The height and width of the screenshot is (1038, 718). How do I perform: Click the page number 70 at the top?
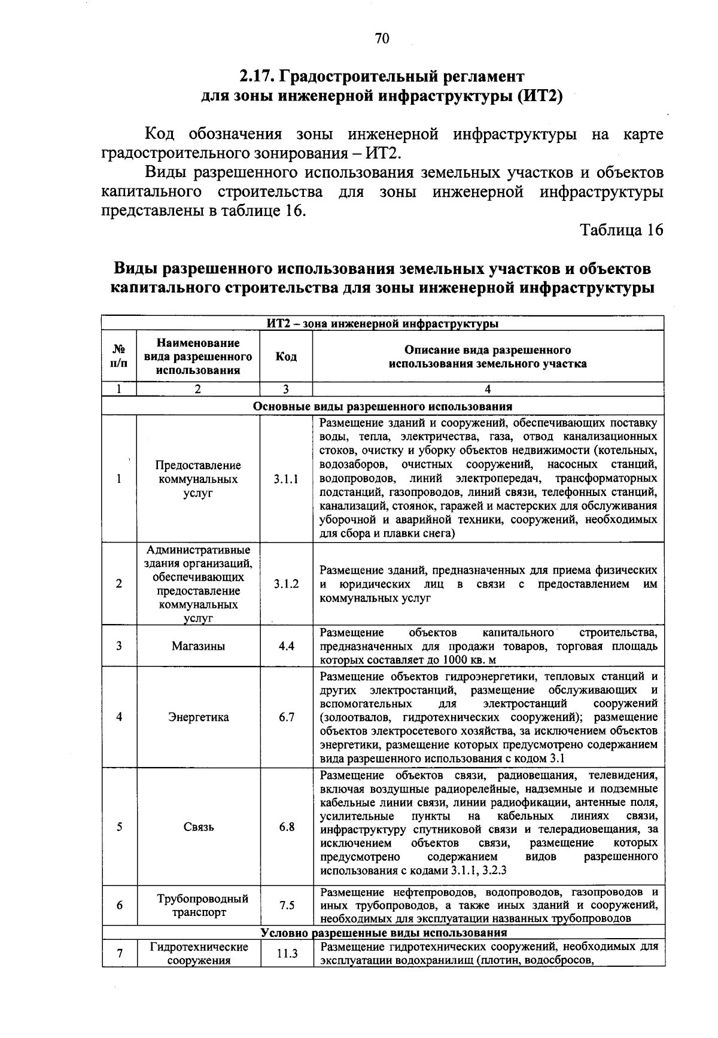(x=382, y=39)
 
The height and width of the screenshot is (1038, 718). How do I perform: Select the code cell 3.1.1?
(x=286, y=479)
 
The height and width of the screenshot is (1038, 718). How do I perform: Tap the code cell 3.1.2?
(x=286, y=584)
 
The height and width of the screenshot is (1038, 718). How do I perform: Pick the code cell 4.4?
(x=286, y=646)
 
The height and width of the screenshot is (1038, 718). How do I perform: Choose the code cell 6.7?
(x=286, y=717)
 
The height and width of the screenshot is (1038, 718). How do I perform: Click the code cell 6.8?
(x=286, y=827)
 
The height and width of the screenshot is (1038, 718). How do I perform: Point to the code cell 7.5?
(x=286, y=905)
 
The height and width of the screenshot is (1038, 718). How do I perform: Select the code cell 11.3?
(x=286, y=954)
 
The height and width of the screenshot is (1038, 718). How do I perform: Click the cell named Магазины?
(x=198, y=646)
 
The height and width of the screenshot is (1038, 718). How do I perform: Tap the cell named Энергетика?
(x=198, y=717)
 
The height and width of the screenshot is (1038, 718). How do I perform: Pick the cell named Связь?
(x=198, y=827)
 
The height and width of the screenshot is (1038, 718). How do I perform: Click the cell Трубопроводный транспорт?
(x=198, y=905)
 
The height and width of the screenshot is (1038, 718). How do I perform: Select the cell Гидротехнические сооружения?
(x=198, y=954)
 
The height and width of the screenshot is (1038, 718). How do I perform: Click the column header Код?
(x=286, y=357)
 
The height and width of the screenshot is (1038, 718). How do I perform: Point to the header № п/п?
(x=119, y=357)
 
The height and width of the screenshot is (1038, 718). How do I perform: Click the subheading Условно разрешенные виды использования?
(x=383, y=933)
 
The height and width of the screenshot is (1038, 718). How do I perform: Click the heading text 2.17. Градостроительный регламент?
(x=382, y=77)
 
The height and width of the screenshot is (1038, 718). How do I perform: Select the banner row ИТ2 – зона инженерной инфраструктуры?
(x=383, y=324)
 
